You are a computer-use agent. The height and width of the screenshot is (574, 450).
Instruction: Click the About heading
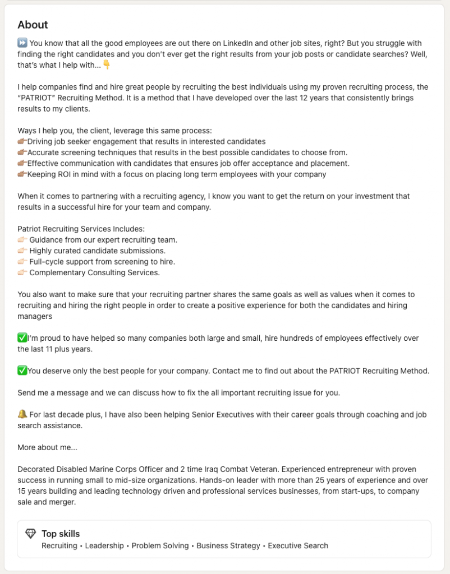(x=33, y=25)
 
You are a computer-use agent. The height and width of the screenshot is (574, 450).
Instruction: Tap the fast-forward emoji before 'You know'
(x=22, y=43)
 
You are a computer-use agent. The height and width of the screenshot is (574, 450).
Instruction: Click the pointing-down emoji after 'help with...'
(x=107, y=65)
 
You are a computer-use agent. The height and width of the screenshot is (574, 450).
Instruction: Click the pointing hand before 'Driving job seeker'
(x=22, y=142)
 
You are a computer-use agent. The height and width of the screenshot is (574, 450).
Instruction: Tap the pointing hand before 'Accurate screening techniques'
(x=22, y=152)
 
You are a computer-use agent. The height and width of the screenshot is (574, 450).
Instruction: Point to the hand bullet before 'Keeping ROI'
(x=22, y=174)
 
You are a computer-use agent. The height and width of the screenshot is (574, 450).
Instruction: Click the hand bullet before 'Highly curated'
(x=22, y=251)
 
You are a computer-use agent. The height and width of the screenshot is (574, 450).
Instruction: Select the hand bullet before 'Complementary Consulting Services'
(x=22, y=272)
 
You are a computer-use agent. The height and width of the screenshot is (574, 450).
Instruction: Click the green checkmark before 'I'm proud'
(x=22, y=338)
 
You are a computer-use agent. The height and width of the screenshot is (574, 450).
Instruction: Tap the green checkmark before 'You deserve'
(x=22, y=371)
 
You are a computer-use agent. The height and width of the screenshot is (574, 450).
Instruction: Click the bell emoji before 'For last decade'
(x=22, y=414)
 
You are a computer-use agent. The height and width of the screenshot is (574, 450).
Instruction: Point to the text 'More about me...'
(x=47, y=447)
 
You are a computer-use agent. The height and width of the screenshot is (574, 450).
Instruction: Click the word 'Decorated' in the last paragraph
(x=36, y=469)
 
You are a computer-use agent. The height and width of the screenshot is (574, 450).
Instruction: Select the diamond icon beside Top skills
(x=31, y=534)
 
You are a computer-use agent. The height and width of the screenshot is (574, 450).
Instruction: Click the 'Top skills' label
(x=61, y=534)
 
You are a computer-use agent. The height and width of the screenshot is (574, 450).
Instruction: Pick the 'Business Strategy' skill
(x=228, y=545)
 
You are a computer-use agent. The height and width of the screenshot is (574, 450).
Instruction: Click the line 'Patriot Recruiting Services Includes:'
(x=81, y=229)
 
